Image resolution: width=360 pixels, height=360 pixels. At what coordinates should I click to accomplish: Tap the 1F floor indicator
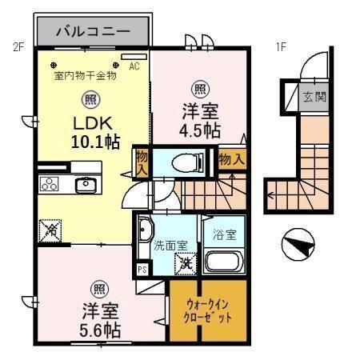[281, 46]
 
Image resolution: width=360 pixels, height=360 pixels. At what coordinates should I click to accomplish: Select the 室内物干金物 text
[86, 77]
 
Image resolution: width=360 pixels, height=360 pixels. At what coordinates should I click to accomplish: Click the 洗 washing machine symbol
[186, 260]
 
